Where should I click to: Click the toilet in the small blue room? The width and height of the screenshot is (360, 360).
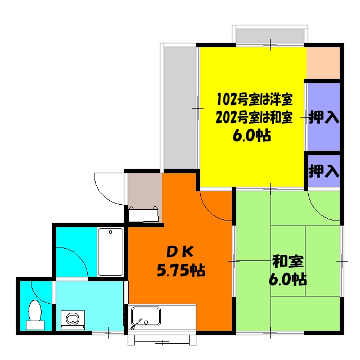(x=35, y=314)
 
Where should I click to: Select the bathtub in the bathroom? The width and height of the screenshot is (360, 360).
(x=110, y=251)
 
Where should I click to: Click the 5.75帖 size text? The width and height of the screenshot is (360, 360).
(x=180, y=271)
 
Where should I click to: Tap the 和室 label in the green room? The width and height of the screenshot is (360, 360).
(x=289, y=261)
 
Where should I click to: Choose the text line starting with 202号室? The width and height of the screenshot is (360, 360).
(x=254, y=118)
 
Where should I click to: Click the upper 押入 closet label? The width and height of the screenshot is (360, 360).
(x=324, y=118)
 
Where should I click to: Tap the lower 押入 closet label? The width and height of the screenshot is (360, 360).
(x=324, y=170)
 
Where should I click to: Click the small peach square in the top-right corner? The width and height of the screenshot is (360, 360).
(x=323, y=62)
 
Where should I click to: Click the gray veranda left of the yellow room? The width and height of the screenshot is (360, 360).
(x=180, y=107)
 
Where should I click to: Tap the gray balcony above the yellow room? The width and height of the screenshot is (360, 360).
(x=270, y=35)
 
